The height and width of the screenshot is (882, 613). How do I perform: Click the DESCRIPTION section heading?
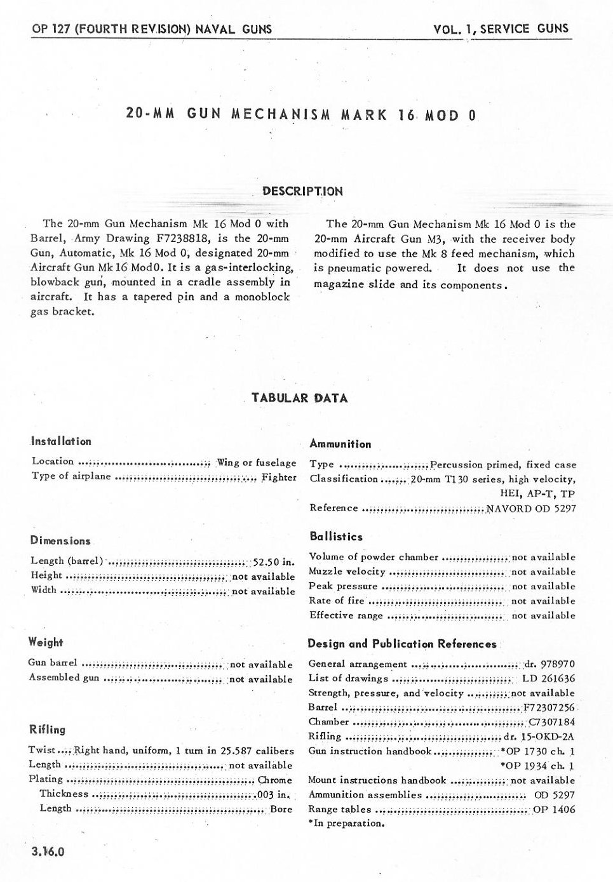[302, 191]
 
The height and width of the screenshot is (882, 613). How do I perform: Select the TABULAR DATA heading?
[299, 398]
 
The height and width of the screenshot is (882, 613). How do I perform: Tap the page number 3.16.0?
[47, 852]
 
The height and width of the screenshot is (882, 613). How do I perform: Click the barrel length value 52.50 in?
[274, 561]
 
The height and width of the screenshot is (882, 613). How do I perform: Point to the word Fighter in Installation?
[279, 477]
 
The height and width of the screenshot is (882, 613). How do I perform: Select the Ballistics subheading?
[336, 537]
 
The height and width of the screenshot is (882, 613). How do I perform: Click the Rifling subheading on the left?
[47, 730]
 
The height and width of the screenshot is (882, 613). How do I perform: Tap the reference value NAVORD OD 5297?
[531, 508]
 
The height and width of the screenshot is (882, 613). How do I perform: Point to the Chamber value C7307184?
[551, 722]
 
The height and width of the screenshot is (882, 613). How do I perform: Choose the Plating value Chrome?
[275, 780]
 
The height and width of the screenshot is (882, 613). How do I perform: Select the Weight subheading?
[46, 643]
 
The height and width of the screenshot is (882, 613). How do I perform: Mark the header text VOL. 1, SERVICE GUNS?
[501, 29]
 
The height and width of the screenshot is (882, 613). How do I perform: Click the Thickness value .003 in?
[273, 794]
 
